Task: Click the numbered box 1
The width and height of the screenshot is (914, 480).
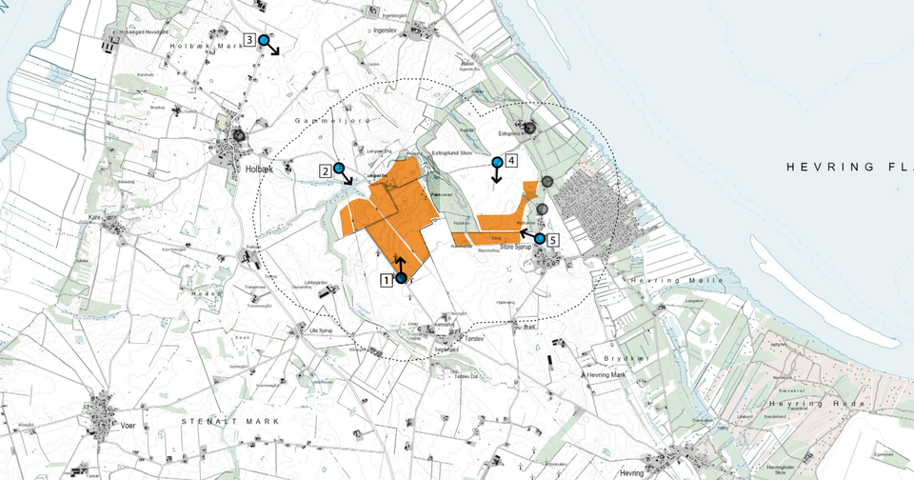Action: [387, 280]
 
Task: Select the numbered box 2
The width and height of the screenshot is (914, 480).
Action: [326, 170]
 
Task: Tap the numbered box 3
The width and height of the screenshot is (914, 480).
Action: [248, 40]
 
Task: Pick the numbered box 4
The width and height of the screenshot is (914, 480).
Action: [511, 161]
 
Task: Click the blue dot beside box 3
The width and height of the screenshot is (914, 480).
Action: [264, 40]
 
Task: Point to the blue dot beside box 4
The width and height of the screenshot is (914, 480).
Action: [496, 162]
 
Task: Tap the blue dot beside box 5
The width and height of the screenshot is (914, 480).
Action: [540, 238]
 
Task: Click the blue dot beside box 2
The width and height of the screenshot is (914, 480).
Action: [338, 168]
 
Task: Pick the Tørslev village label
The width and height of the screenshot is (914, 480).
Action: [474, 338]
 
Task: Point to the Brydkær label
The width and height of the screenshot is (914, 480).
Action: [626, 358]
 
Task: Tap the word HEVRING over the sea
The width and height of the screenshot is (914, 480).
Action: [816, 168]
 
